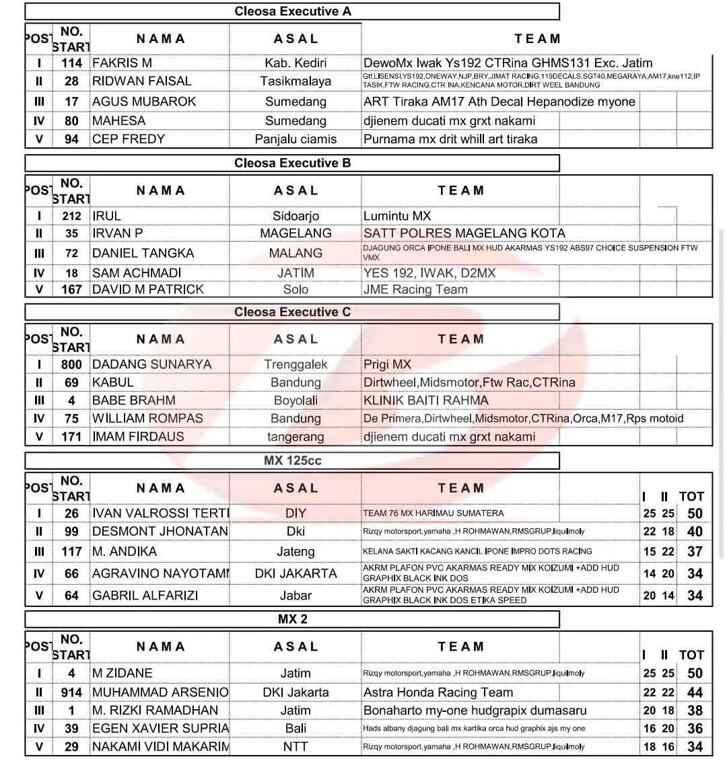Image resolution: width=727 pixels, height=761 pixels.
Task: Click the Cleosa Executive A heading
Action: (x=292, y=11)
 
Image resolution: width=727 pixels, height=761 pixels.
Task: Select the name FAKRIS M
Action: (x=122, y=63)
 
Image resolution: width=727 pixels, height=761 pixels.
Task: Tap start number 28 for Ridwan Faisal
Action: (x=71, y=81)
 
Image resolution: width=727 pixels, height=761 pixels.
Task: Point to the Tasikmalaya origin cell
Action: (x=296, y=81)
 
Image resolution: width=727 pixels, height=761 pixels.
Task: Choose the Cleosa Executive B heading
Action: (x=292, y=163)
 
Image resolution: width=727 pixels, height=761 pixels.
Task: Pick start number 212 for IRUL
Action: (x=71, y=216)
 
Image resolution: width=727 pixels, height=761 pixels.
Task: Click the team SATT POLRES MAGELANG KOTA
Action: (x=464, y=233)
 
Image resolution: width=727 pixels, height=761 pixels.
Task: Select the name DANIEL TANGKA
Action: (x=143, y=254)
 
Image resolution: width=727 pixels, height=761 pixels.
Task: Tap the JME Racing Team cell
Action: (x=415, y=289)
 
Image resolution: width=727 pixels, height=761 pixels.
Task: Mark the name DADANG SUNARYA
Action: (x=151, y=365)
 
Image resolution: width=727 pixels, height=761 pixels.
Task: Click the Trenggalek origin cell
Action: (x=296, y=365)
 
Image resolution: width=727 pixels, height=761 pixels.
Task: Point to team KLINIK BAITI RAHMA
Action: (x=425, y=400)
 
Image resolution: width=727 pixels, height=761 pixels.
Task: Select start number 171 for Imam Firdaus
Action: (x=71, y=437)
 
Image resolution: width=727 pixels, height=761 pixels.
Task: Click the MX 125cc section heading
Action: (x=292, y=461)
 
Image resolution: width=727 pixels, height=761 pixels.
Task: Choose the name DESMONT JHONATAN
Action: (x=160, y=532)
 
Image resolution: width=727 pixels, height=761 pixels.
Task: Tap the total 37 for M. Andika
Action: (x=695, y=552)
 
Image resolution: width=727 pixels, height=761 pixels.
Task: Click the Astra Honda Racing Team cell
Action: (x=438, y=692)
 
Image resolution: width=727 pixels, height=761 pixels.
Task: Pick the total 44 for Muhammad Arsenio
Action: (x=695, y=692)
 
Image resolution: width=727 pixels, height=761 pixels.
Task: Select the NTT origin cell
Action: (x=296, y=747)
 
